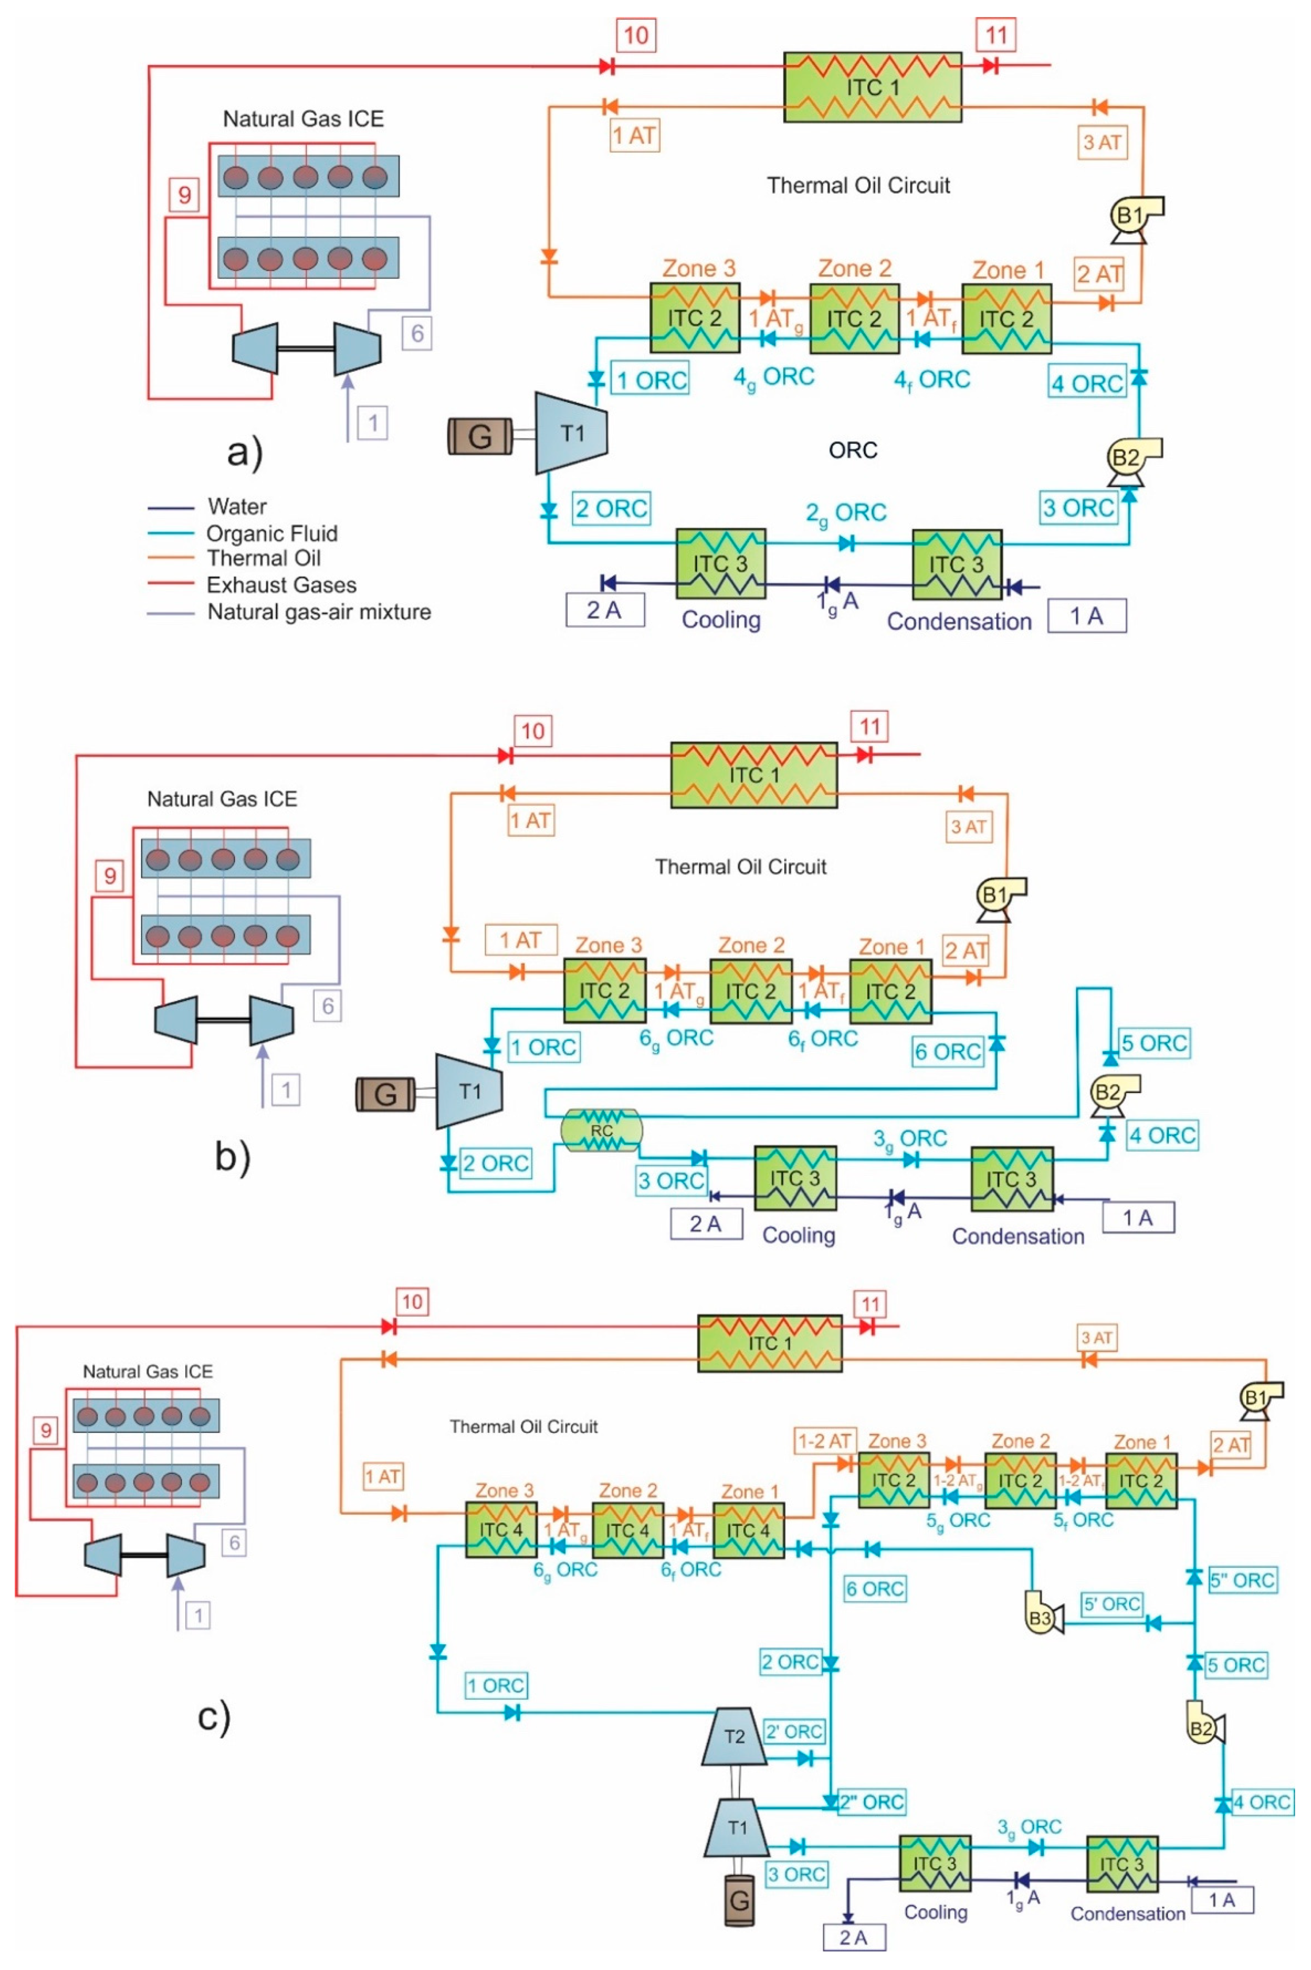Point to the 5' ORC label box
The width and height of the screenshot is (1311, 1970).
1112,1604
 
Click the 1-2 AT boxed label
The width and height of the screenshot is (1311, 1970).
825,1441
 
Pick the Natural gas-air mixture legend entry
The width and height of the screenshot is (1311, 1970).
289,612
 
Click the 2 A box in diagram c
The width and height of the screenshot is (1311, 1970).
854,1938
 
